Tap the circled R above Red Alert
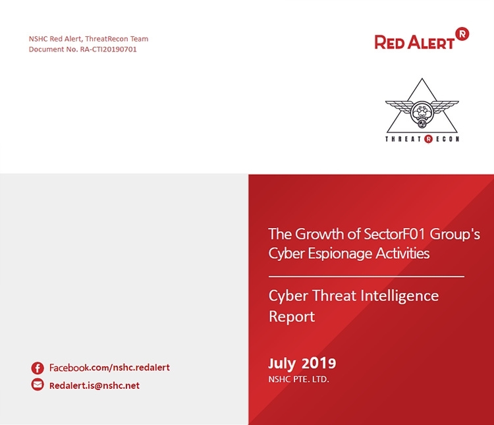tap(462, 34)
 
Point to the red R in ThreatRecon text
tap(428, 139)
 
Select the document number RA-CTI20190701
tap(109, 49)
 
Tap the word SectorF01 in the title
tap(395, 235)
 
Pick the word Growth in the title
tap(319, 235)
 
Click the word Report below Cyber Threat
tap(292, 316)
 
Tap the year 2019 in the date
tap(319, 363)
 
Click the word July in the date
tap(282, 364)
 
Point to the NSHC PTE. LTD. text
tap(298, 380)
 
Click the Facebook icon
tap(38, 368)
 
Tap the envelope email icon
tap(38, 385)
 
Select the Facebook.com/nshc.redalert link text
tap(109, 368)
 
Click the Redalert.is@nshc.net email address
tap(94, 385)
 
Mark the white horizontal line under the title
tap(366, 277)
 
